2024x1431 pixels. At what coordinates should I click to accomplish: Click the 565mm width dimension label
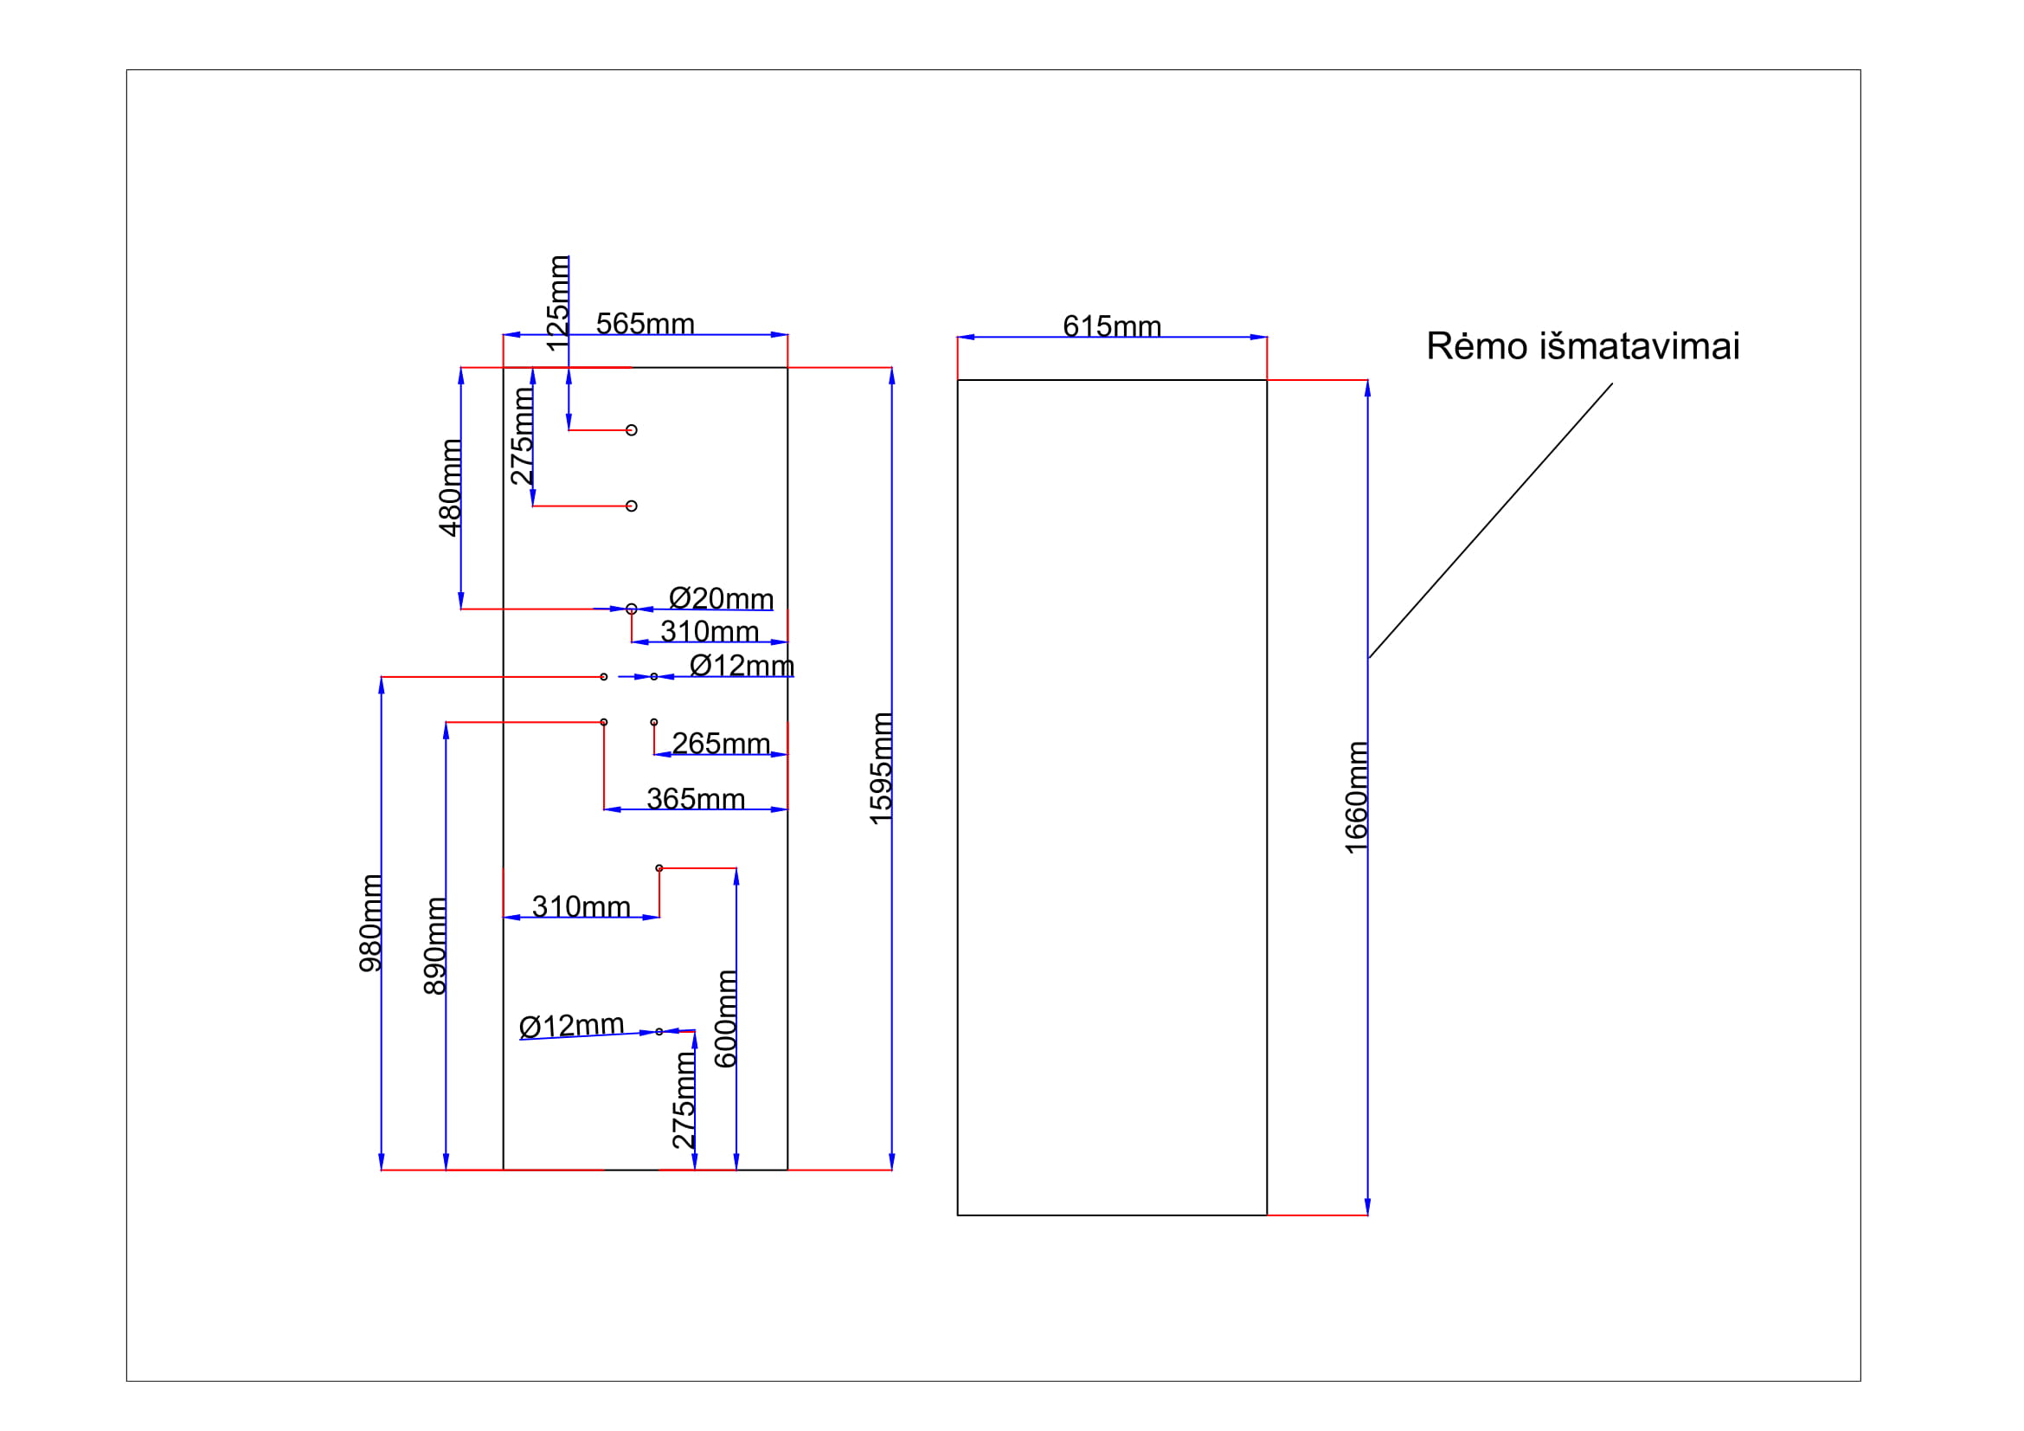(x=645, y=324)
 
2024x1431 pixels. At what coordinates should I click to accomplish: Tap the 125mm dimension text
(x=558, y=302)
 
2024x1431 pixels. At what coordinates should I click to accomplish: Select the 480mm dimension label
(x=451, y=487)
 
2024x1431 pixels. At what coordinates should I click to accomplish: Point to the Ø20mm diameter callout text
(x=720, y=599)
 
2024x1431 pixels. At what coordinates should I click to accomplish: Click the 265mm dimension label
(x=720, y=744)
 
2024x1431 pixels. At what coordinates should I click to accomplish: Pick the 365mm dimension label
(x=696, y=799)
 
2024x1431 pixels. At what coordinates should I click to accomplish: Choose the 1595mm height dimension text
(x=881, y=769)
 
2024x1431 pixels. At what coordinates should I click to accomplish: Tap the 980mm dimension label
(x=371, y=923)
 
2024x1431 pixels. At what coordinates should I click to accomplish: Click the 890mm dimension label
(x=435, y=946)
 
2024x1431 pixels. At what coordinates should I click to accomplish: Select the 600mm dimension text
(x=725, y=1018)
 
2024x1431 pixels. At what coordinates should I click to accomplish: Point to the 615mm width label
(x=1112, y=326)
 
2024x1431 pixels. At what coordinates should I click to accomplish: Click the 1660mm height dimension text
(x=1356, y=797)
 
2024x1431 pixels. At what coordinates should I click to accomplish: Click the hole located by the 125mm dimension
(x=631, y=430)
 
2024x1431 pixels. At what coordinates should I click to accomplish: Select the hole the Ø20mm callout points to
(x=631, y=609)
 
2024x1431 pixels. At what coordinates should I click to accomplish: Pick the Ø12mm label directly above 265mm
(x=742, y=666)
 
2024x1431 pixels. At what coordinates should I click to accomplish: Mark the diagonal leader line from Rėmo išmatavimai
(x=1490, y=520)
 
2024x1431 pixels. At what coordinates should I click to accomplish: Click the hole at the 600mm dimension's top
(x=659, y=868)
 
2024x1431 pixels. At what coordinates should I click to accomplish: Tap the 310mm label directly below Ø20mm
(x=709, y=631)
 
